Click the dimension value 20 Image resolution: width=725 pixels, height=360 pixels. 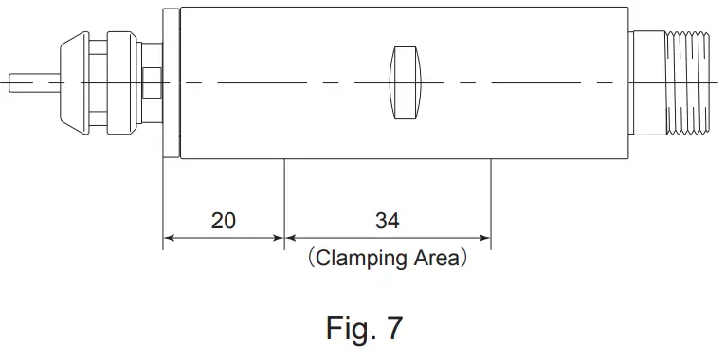tap(223, 221)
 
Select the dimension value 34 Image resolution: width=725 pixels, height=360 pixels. tap(387, 221)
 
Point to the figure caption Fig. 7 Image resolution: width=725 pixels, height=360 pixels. tap(364, 328)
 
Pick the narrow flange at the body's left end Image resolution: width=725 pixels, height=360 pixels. tap(171, 82)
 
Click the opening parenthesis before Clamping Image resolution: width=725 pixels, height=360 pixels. tap(308, 258)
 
